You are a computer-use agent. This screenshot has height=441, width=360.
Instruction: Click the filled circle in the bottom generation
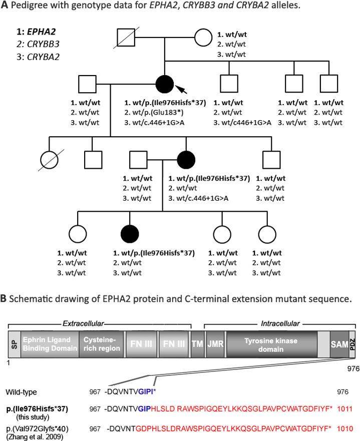(130, 234)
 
